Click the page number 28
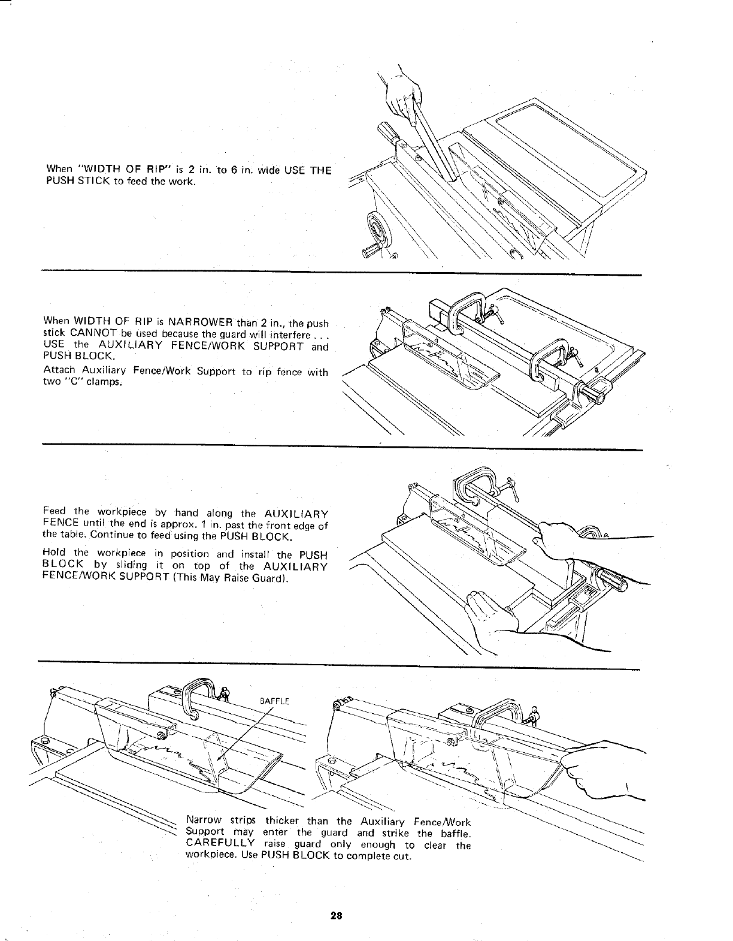point(335,915)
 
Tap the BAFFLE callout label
point(275,700)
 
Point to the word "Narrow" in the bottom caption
point(205,821)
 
